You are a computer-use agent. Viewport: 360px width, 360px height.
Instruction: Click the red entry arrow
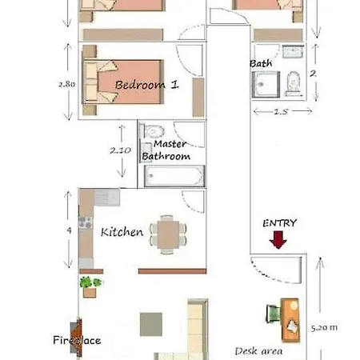click(278, 239)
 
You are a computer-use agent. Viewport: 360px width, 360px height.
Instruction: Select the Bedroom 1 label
click(146, 84)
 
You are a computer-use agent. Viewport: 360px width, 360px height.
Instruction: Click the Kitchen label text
click(122, 232)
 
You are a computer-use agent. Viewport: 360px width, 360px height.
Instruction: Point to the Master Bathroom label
click(166, 150)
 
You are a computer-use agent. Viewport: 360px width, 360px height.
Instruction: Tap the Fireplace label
click(77, 340)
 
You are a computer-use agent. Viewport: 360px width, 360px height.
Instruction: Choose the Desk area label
click(258, 350)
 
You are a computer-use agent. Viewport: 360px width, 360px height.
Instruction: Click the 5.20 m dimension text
click(324, 326)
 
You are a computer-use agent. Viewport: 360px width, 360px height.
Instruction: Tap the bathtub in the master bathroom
click(173, 175)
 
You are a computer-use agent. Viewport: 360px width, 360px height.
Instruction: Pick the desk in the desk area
click(290, 314)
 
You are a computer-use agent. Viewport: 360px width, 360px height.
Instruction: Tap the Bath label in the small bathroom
click(260, 63)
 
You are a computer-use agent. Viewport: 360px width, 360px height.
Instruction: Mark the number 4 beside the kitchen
click(69, 230)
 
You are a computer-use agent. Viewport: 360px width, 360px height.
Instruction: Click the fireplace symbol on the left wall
click(74, 330)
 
